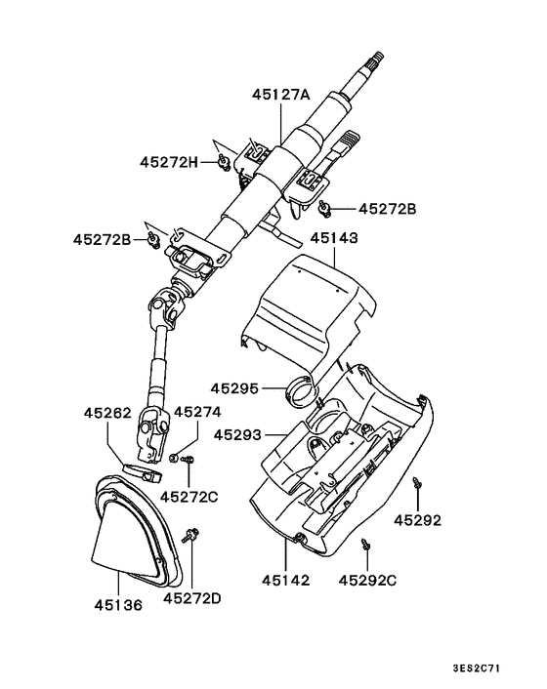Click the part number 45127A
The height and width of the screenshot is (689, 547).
280,95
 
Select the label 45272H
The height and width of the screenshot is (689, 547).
168,161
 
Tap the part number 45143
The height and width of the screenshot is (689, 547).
335,237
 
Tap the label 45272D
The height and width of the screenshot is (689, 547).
191,597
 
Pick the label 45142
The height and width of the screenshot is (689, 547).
285,580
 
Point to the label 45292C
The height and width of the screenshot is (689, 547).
367,580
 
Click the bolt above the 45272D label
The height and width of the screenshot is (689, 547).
191,533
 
